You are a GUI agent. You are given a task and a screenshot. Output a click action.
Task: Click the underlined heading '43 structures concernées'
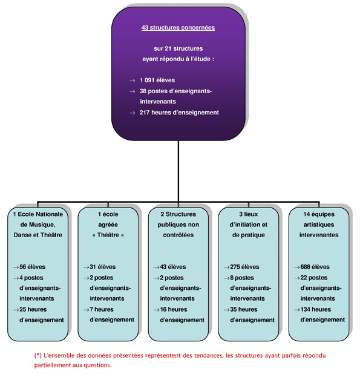click(178, 28)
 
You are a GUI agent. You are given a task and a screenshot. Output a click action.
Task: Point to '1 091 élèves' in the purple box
click(157, 80)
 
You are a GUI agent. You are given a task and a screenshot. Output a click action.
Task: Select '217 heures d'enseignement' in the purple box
click(179, 113)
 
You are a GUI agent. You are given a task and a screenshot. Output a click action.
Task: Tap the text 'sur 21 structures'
click(178, 48)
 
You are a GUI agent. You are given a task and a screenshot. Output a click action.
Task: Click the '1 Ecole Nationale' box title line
click(38, 214)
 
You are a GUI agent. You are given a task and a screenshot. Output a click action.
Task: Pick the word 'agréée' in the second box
click(108, 225)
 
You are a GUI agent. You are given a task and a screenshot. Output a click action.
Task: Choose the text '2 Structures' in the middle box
click(178, 214)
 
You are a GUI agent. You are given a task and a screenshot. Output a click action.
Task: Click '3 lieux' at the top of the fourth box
click(249, 214)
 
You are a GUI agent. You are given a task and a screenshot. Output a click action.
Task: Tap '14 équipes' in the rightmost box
click(319, 214)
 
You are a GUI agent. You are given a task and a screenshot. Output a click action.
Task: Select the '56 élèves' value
click(32, 267)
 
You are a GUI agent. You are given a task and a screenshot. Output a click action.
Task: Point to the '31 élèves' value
click(103, 267)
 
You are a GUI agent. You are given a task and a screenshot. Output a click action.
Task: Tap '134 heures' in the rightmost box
click(316, 309)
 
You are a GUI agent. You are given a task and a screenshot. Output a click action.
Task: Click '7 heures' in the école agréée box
click(102, 309)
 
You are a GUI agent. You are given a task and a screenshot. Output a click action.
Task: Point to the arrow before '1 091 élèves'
click(132, 81)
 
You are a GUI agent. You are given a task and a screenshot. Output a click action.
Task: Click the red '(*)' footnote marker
click(38, 355)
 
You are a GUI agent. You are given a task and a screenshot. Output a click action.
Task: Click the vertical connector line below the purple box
click(178, 171)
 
